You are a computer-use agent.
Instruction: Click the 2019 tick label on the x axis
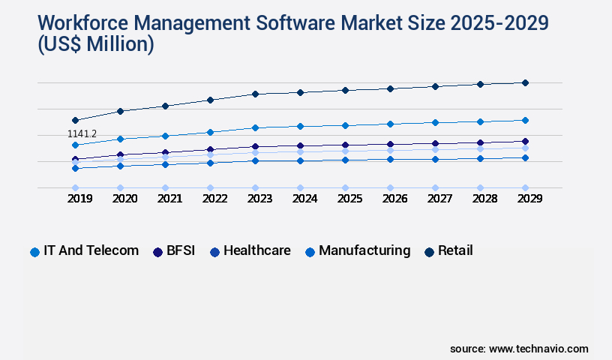75,199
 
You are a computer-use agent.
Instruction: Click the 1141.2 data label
82,134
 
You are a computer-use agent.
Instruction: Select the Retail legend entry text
455,250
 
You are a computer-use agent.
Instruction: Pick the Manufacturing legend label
364,250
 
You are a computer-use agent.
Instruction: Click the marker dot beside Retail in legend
429,251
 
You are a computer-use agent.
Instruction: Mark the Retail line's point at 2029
525,82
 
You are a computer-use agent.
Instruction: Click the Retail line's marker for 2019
75,120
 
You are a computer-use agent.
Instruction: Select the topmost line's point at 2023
255,94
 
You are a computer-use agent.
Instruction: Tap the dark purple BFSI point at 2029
525,141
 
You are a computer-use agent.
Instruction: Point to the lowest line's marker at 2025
345,187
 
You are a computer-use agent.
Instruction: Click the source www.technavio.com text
519,349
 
